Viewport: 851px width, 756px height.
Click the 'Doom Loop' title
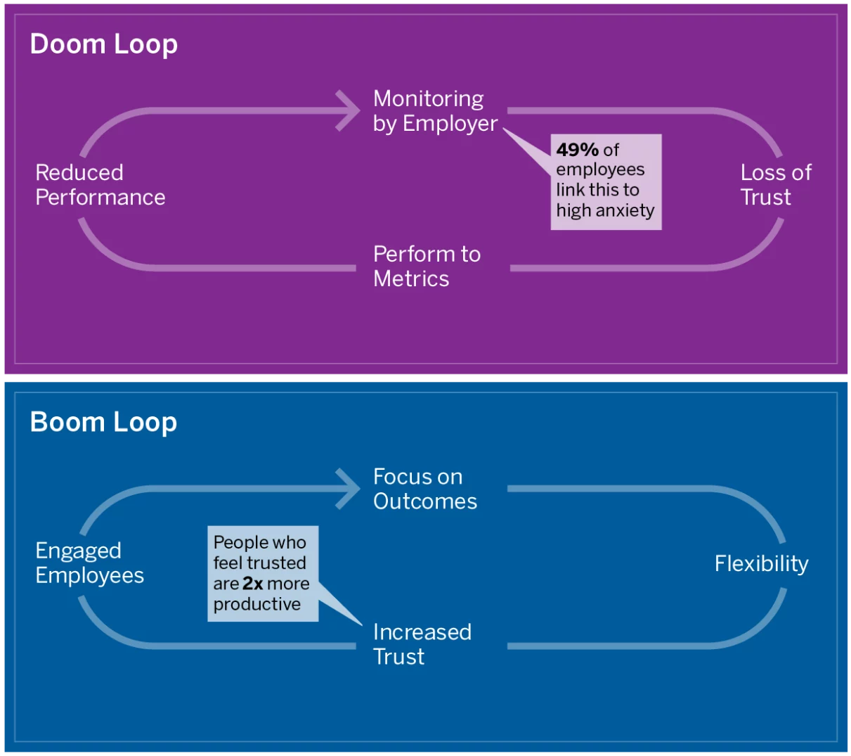103,44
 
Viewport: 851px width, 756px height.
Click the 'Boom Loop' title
103,422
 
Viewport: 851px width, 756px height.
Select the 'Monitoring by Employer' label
435,111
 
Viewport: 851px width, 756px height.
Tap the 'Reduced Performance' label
100,184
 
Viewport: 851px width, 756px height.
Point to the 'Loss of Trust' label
775,184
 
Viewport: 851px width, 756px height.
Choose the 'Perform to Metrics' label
427,266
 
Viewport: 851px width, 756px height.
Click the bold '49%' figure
577,150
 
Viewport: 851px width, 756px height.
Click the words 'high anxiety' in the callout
605,210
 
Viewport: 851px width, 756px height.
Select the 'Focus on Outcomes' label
425,489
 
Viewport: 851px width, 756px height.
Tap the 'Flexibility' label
761,563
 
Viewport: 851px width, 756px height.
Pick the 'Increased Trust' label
422,643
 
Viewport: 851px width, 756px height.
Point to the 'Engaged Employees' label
89,563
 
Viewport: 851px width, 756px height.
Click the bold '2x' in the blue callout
253,583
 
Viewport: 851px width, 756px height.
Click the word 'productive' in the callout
257,604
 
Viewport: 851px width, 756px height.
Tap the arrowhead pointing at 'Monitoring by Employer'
348,110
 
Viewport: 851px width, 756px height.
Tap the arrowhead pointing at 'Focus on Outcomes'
348,489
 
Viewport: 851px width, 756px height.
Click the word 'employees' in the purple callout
600,170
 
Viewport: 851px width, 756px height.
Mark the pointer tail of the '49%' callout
504,129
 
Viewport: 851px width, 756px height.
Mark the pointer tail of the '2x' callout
362,624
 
